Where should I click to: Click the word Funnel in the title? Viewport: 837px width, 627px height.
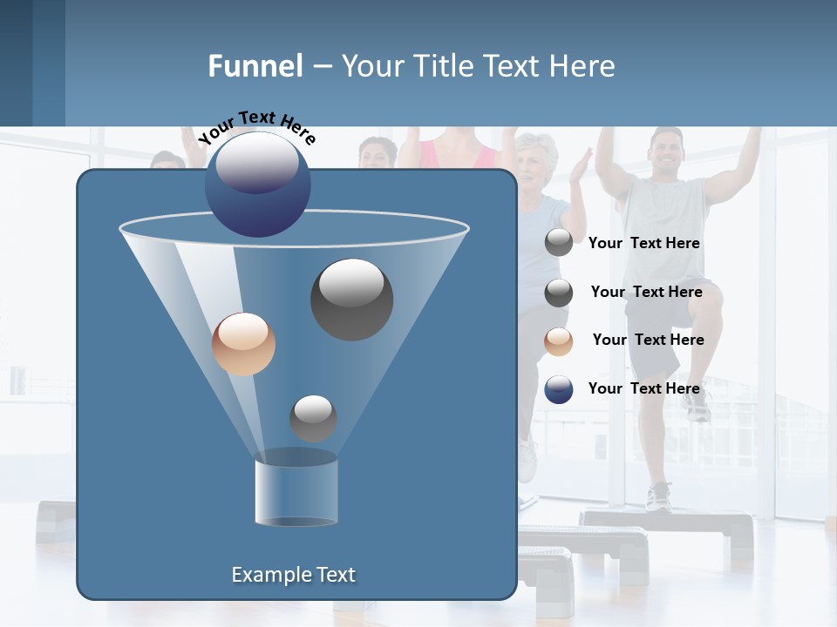coord(255,66)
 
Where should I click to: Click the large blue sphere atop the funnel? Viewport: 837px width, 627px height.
coord(257,184)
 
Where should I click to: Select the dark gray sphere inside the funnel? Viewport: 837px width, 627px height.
coord(351,299)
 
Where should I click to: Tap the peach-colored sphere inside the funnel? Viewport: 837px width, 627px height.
coord(243,344)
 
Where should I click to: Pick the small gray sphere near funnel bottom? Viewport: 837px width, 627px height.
coord(313,418)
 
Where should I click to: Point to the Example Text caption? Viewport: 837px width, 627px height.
coord(294,575)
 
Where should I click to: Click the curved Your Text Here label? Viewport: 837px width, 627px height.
coord(256,126)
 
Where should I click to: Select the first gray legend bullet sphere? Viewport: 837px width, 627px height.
coord(559,243)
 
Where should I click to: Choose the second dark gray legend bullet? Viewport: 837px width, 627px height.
coord(559,293)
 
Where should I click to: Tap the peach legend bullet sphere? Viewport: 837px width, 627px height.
coord(559,340)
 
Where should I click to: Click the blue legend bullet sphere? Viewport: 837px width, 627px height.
coord(559,389)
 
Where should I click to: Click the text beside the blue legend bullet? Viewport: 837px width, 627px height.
coord(644,388)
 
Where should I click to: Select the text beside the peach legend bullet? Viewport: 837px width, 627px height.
coord(648,340)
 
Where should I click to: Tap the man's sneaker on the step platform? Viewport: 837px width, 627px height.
coord(659,496)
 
